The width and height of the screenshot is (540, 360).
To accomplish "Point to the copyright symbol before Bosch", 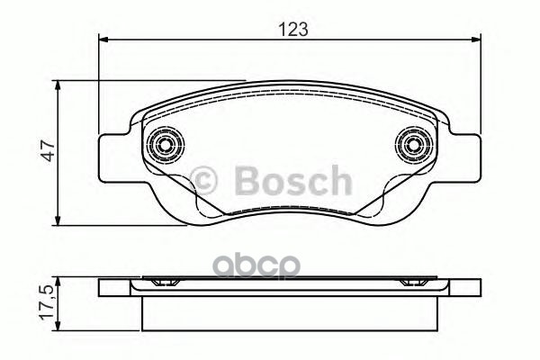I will [212, 181].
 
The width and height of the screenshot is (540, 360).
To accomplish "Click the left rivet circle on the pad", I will [165, 144].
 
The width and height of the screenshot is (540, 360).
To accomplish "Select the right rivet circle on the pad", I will [413, 144].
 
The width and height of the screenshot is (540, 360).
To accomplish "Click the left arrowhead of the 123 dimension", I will [102, 39].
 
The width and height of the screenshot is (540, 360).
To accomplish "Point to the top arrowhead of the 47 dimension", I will [59, 85].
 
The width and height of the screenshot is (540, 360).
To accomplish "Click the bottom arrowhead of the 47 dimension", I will [59, 220].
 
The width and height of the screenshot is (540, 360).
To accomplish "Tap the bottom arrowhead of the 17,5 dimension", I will [59, 329].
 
